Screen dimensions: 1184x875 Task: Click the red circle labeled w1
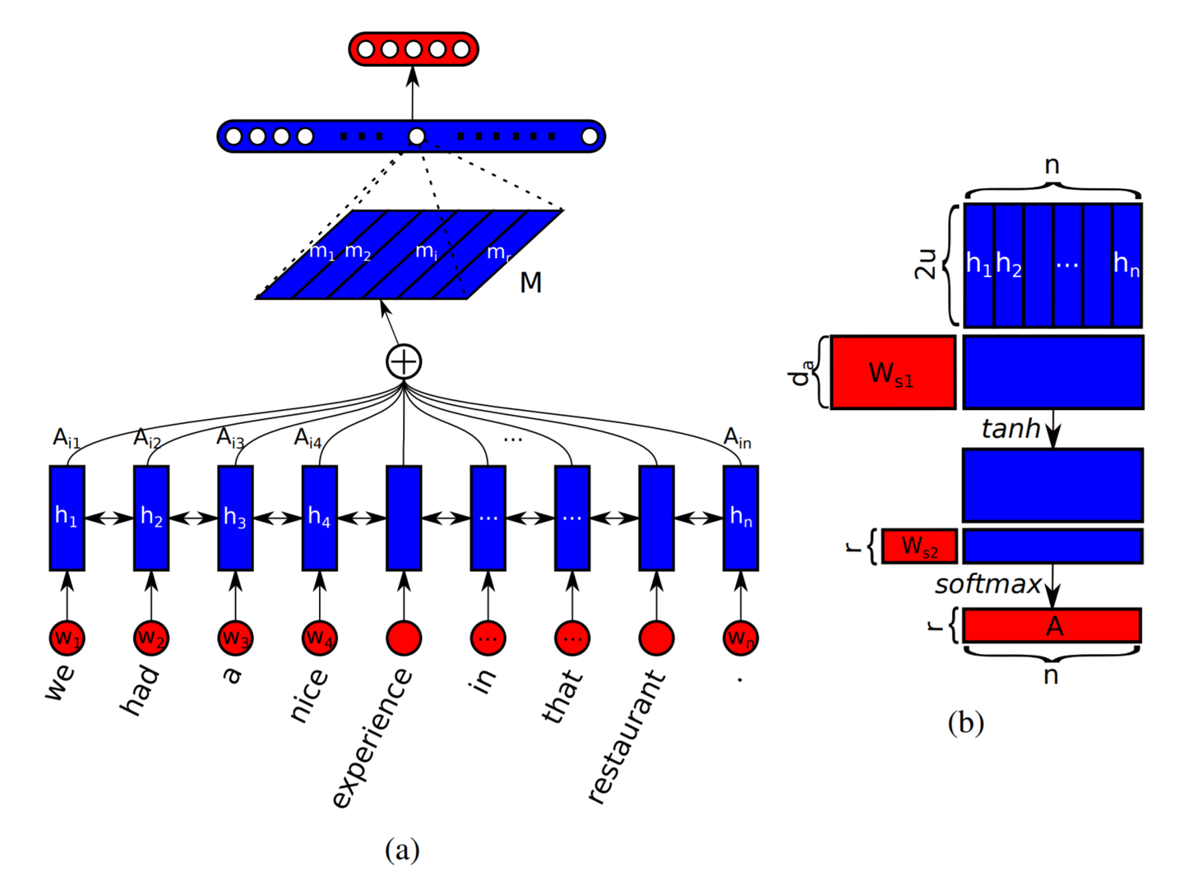pyautogui.click(x=67, y=638)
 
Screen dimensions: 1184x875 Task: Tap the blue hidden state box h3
pyautogui.click(x=235, y=518)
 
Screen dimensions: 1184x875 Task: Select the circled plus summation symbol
pyautogui.click(x=404, y=362)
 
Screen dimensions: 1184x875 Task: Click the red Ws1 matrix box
pyautogui.click(x=893, y=372)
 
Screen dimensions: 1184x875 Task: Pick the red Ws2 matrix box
pyautogui.click(x=919, y=546)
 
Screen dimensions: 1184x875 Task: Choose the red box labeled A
pyautogui.click(x=1052, y=625)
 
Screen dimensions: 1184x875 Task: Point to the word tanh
pyautogui.click(x=1011, y=428)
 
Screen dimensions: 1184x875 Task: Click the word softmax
pyautogui.click(x=988, y=585)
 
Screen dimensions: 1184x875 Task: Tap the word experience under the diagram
pyautogui.click(x=372, y=739)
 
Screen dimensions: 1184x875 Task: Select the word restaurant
pyautogui.click(x=626, y=737)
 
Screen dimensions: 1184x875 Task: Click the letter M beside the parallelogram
pyautogui.click(x=530, y=283)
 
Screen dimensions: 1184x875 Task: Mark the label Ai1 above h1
pyautogui.click(x=67, y=439)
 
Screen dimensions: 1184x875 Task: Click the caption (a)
pyautogui.click(x=402, y=850)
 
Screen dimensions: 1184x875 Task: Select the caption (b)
pyautogui.click(x=965, y=723)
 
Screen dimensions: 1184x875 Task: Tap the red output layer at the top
pyautogui.click(x=414, y=49)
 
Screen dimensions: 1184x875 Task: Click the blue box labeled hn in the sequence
pyautogui.click(x=741, y=518)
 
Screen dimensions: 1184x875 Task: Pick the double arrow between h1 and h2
pyautogui.click(x=109, y=518)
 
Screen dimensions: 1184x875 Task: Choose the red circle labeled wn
pyautogui.click(x=741, y=638)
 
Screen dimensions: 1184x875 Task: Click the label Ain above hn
pyautogui.click(x=738, y=439)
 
